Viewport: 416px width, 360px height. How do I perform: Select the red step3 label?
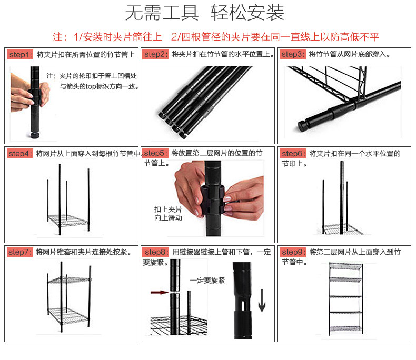click(x=293, y=55)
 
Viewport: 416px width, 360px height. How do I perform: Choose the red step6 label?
click(x=293, y=154)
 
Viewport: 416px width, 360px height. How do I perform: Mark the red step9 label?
click(x=293, y=252)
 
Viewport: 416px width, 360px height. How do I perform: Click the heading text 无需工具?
click(x=161, y=13)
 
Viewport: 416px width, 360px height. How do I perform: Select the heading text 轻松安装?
click(x=247, y=13)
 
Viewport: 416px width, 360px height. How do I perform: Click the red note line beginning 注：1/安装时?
click(x=216, y=37)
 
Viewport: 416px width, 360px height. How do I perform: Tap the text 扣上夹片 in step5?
click(x=168, y=208)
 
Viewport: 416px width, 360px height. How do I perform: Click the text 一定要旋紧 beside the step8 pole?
click(x=207, y=281)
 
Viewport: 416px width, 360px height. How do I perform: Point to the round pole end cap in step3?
click(x=302, y=126)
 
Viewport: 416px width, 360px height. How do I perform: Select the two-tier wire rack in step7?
click(x=68, y=300)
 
